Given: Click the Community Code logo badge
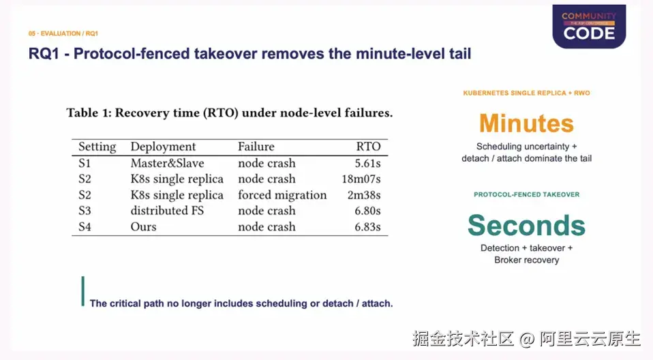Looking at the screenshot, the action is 589,26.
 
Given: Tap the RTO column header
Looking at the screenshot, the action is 368,147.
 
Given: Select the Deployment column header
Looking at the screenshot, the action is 163,147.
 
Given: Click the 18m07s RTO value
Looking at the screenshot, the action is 361,179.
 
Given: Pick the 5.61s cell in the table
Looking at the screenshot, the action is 367,164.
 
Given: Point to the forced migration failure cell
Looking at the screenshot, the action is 282,196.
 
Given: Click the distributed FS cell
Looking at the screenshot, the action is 167,211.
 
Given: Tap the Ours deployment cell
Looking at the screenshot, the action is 143,227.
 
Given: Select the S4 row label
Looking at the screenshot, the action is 85,227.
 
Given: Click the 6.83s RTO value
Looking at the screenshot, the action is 367,227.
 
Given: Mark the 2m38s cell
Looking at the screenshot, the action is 364,196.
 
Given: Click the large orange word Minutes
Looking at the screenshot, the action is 526,123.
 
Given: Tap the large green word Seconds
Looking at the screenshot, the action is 526,226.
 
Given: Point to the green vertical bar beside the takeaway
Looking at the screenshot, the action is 83,291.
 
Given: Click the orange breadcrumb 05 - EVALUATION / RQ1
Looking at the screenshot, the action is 63,33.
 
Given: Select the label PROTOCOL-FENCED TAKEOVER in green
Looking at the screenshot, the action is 526,194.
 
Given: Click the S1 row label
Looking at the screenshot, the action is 85,164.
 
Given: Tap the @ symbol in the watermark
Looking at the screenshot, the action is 526,339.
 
